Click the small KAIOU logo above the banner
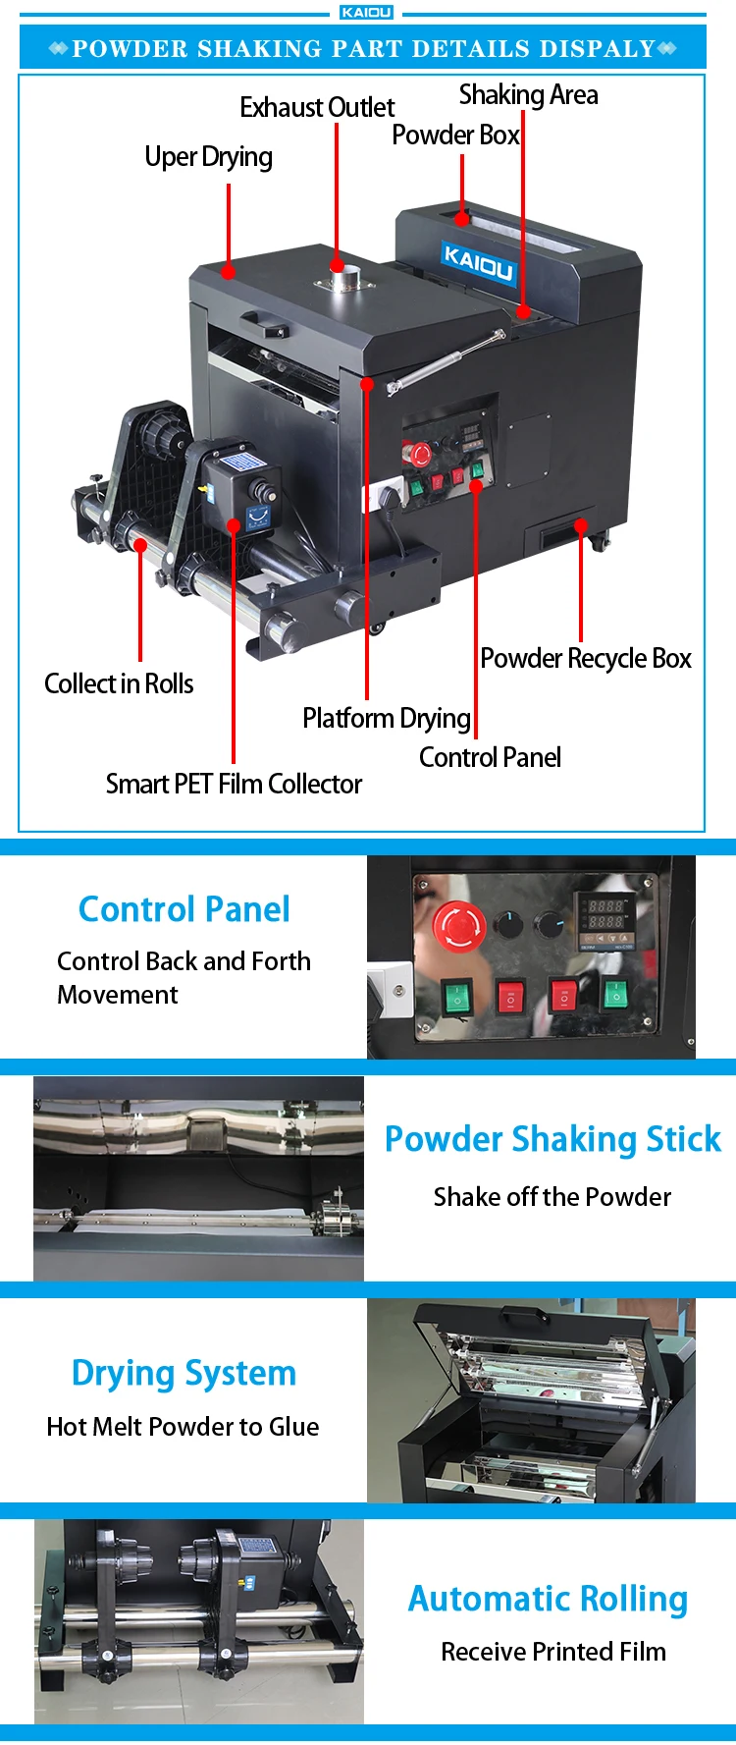click(367, 13)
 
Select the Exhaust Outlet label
click(317, 107)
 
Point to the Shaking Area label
click(528, 95)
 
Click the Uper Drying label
click(208, 157)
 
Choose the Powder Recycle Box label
click(586, 659)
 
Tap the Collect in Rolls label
click(119, 683)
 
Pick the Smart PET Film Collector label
click(234, 784)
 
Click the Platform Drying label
click(386, 719)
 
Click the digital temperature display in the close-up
click(605, 914)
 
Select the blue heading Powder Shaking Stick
click(552, 1139)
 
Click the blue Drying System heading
click(184, 1373)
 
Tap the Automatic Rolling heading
click(548, 1599)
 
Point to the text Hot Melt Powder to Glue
click(183, 1427)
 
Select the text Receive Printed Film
click(553, 1652)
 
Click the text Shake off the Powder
click(552, 1197)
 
